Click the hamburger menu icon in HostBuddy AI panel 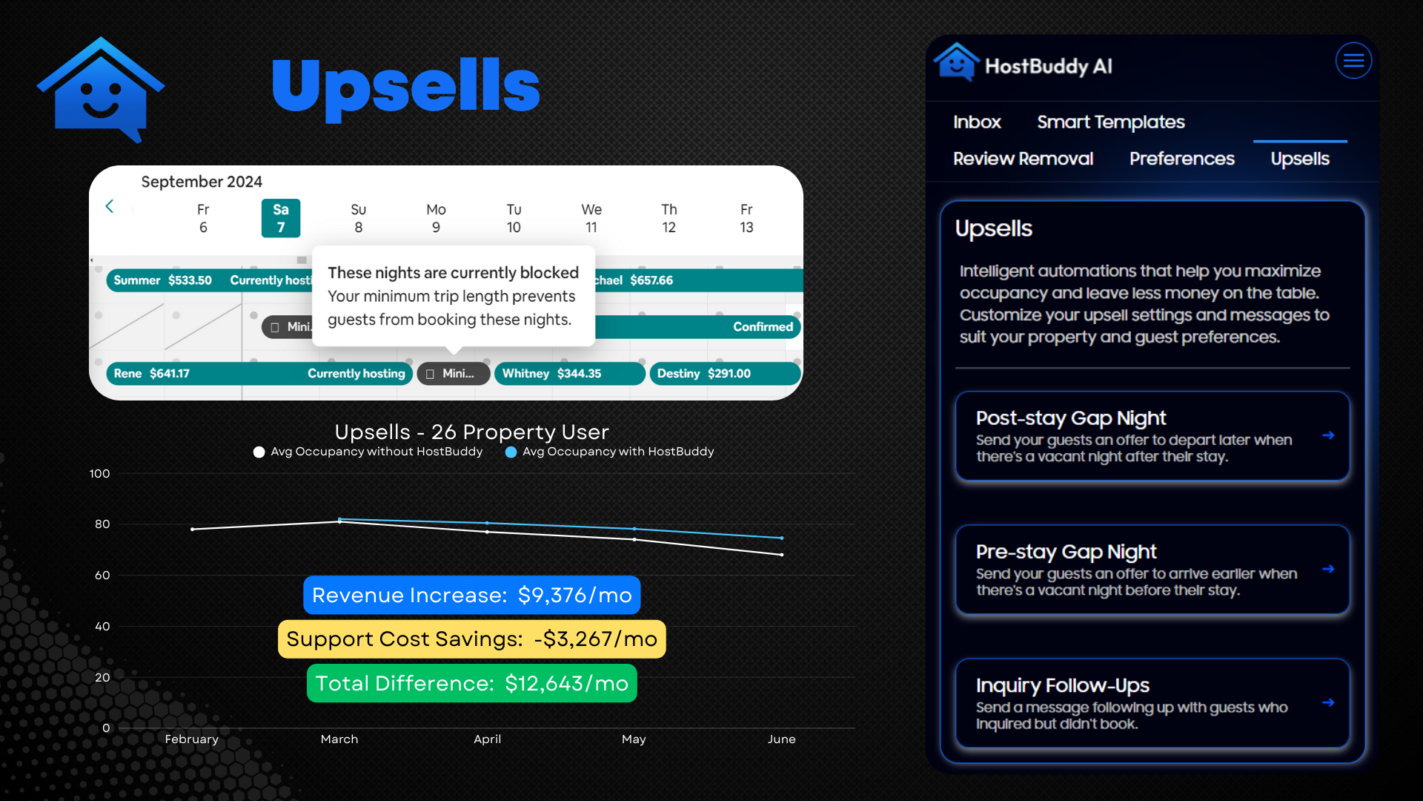[1353, 61]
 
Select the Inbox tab [977, 122]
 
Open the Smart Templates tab [1110, 122]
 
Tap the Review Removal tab [1023, 159]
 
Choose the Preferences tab [1181, 159]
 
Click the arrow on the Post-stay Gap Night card [1328, 435]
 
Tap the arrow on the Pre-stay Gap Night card [1328, 569]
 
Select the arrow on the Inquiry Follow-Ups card [1328, 702]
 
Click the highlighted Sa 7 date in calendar [281, 218]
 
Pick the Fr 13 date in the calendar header [746, 218]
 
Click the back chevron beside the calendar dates [110, 206]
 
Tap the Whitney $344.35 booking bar [570, 374]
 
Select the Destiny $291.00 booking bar [725, 374]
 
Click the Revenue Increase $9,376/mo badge [472, 595]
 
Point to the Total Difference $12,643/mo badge [472, 683]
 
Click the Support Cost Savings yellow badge [472, 639]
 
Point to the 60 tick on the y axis [102, 575]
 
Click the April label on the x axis [487, 739]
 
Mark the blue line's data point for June [782, 538]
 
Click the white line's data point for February [193, 529]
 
